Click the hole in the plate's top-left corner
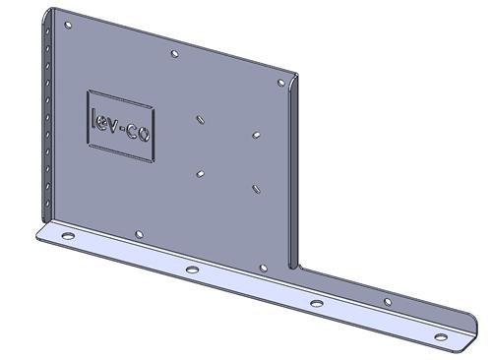coord(68,26)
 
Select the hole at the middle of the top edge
coord(175,53)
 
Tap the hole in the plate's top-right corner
coord(281,83)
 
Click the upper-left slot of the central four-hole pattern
coord(200,119)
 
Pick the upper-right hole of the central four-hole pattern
coord(256,135)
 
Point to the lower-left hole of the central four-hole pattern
coord(200,174)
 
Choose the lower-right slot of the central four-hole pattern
coord(257,189)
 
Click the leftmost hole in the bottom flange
coord(68,236)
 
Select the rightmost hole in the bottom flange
coord(441,336)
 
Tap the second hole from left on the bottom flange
coord(192,270)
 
